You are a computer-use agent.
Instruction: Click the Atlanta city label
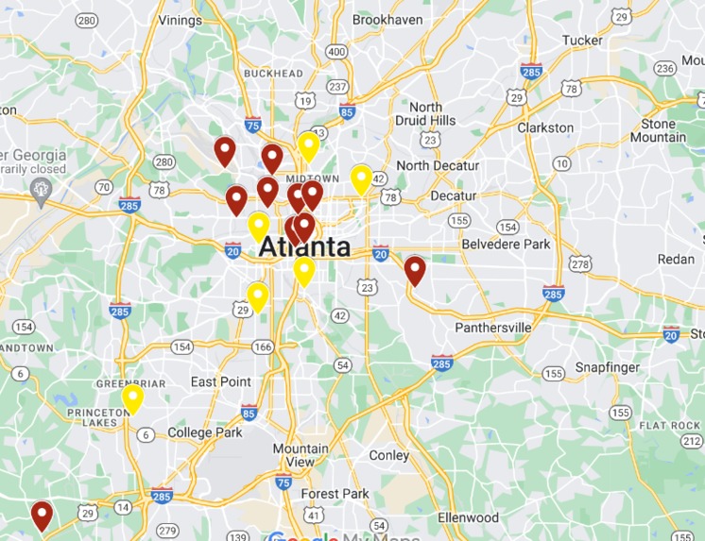tap(303, 247)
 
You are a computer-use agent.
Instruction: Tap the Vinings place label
tap(180, 19)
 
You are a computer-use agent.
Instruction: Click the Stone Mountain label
tap(658, 130)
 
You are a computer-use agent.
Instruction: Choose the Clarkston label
tap(545, 127)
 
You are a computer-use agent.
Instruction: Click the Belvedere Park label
tap(506, 245)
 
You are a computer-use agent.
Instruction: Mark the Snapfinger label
tap(608, 367)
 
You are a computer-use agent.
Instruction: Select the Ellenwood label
tap(468, 517)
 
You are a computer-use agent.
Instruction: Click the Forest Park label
tap(335, 494)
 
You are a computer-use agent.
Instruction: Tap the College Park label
tap(204, 432)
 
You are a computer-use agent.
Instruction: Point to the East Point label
tap(221, 381)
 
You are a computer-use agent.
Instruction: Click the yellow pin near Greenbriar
tap(132, 398)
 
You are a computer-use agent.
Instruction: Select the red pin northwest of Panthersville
tap(415, 270)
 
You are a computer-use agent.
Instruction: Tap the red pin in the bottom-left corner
tap(42, 515)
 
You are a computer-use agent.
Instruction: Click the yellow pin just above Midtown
tap(308, 146)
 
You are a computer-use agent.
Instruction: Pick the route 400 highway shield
tap(336, 52)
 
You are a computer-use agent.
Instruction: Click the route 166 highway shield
tap(262, 347)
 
